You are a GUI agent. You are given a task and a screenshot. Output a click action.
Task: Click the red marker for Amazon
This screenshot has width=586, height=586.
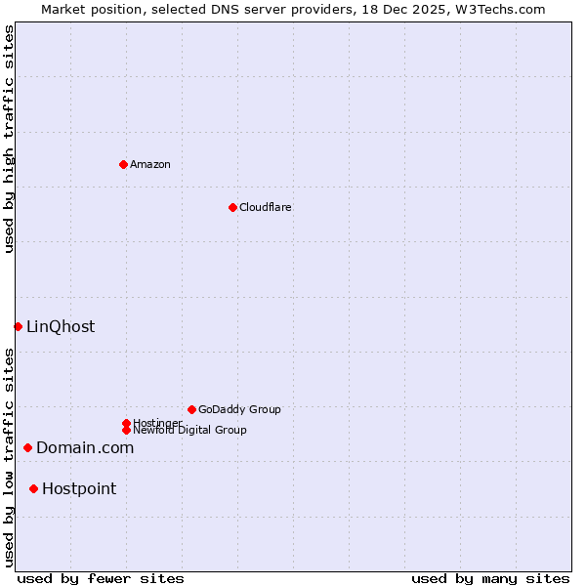click(123, 164)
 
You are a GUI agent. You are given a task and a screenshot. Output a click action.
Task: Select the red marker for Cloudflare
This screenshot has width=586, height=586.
click(232, 207)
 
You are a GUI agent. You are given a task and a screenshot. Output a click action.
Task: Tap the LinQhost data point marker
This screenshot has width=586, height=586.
click(18, 326)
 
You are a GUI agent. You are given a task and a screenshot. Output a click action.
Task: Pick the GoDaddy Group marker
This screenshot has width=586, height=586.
click(191, 409)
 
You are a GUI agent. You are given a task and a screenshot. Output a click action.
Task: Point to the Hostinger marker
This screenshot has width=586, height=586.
click(126, 423)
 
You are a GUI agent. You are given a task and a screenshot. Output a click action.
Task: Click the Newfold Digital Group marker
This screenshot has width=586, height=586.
click(126, 431)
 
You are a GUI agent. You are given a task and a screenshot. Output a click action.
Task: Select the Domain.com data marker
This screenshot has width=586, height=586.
click(27, 447)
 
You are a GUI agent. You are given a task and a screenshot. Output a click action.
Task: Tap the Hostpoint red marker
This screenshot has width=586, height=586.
click(33, 488)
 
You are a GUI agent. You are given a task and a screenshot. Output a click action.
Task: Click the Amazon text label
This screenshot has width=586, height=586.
click(149, 164)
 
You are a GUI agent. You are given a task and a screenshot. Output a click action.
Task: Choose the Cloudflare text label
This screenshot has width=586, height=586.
click(265, 207)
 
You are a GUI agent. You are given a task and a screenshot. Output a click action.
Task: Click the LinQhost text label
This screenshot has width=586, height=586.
click(61, 327)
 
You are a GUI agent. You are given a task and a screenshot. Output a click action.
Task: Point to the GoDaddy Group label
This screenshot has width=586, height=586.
click(239, 409)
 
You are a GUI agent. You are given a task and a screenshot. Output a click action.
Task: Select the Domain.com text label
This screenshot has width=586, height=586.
click(85, 448)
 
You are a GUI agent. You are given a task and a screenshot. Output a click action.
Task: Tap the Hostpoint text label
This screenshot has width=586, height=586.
click(79, 489)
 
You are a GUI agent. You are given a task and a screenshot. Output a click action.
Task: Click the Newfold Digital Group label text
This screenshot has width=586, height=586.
click(189, 431)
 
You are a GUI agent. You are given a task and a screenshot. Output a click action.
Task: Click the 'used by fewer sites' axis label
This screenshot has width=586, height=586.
click(101, 578)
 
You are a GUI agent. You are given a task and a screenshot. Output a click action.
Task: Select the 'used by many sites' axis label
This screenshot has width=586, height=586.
click(490, 578)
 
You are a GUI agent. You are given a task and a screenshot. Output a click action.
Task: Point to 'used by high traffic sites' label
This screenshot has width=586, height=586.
click(9, 139)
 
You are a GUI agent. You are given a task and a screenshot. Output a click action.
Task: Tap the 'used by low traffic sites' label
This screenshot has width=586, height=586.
click(9, 457)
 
